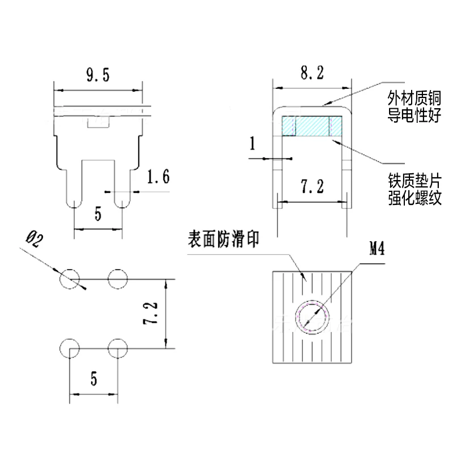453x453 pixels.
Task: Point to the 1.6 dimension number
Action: point(158,177)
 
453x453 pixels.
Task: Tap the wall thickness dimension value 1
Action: point(253,144)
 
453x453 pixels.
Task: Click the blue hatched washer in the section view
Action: point(312,126)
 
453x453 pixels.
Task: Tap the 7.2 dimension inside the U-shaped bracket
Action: point(311,187)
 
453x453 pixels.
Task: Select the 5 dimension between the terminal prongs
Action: point(98,215)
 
